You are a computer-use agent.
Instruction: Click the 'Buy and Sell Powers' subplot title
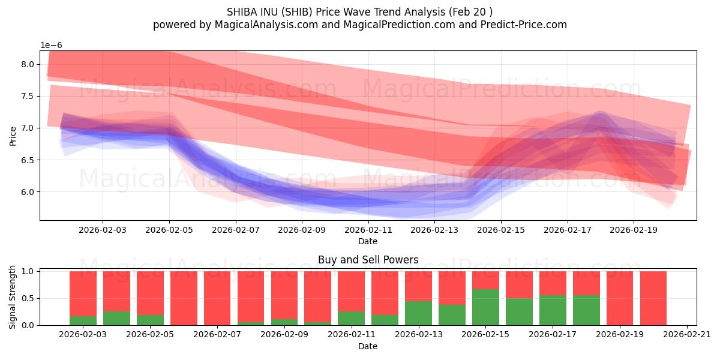pos(368,260)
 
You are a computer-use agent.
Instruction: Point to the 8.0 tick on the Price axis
pos(28,64)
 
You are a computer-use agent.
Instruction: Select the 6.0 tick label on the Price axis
pos(28,192)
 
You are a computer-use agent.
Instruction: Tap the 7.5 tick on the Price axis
pos(28,96)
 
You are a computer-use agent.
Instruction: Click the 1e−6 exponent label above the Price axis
pos(51,46)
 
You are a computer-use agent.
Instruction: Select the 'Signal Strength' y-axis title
pos(13,297)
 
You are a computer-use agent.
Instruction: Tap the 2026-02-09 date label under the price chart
pos(302,229)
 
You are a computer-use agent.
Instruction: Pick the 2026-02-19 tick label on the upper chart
pos(634,229)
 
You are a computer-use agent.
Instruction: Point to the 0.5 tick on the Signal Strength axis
pos(28,298)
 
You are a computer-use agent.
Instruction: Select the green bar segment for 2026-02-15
pos(485,307)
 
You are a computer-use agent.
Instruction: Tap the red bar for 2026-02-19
pos(619,298)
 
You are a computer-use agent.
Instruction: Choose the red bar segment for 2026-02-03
pos(83,293)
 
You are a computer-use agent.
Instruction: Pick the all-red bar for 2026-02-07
pos(217,298)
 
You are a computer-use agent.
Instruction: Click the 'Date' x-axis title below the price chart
pos(368,241)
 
